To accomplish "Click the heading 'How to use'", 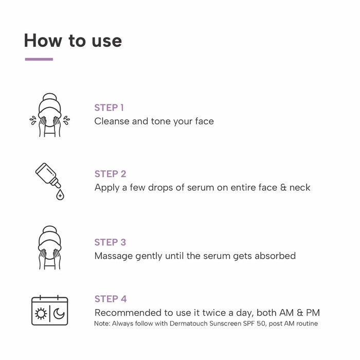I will pyautogui.click(x=73, y=41).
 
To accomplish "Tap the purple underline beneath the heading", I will pyautogui.click(x=39, y=59).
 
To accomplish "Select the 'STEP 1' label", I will pyautogui.click(x=109, y=107).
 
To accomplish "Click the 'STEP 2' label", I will pyautogui.click(x=110, y=174).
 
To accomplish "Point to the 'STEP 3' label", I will pyautogui.click(x=110, y=242).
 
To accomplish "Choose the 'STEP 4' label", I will pyautogui.click(x=111, y=299).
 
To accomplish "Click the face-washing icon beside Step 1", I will pyautogui.click(x=49, y=115).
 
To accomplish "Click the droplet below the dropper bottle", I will pyautogui.click(x=60, y=195).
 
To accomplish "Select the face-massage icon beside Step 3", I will pyautogui.click(x=49, y=247).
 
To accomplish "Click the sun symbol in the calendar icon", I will pyautogui.click(x=40, y=314).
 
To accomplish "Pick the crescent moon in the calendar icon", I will pyautogui.click(x=59, y=314).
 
